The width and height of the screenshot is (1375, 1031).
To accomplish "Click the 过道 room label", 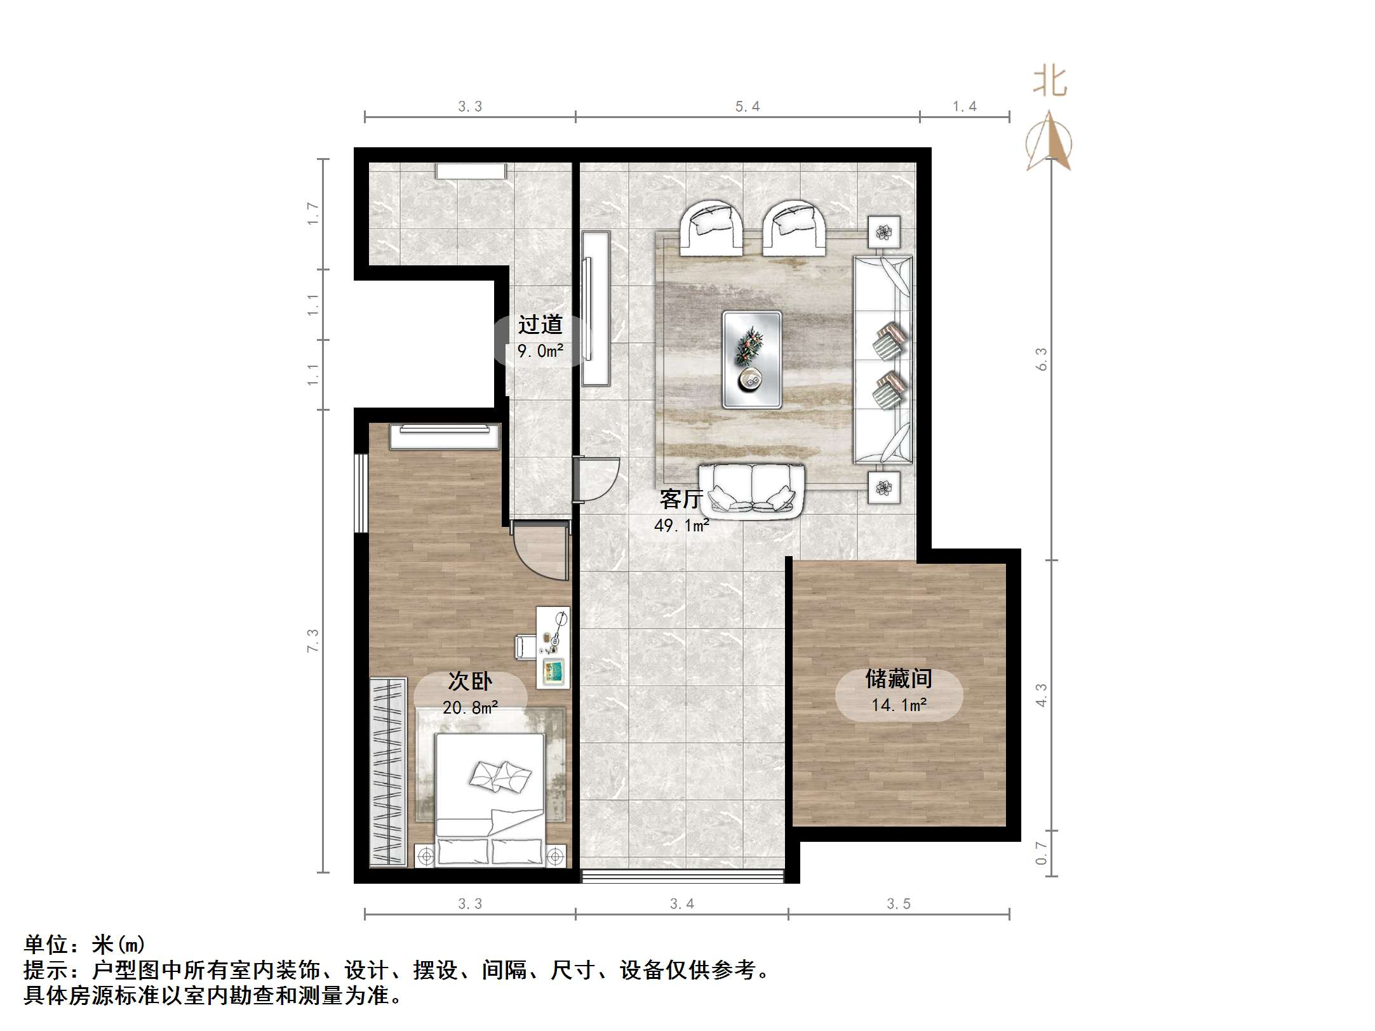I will pos(540,324).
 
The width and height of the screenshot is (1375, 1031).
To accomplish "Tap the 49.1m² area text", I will pos(681,526).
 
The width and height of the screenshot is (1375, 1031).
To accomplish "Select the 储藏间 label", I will pos(898,679).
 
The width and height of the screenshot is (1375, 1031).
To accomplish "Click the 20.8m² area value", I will pos(470,707).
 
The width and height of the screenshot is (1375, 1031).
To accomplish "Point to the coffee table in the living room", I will pos(752,359).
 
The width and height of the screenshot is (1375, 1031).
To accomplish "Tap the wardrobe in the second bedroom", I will pos(388,771).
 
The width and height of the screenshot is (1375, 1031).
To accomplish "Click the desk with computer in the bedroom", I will pos(553,648).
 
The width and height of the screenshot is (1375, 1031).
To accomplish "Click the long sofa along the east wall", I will pos(883,359).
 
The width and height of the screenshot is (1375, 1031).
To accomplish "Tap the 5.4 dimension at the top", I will pos(748,107).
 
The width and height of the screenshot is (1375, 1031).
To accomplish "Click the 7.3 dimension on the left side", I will pos(312,640).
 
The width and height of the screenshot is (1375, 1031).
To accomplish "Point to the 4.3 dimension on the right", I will pos(1041,695).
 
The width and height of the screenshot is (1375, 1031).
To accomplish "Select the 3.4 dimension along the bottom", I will pos(682,903).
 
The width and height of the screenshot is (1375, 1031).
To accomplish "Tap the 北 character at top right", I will pos(1049,83).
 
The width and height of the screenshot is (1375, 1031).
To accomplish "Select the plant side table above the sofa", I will pos(883,233).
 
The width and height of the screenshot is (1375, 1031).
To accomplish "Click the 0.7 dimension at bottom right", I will pos(1041,853).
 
